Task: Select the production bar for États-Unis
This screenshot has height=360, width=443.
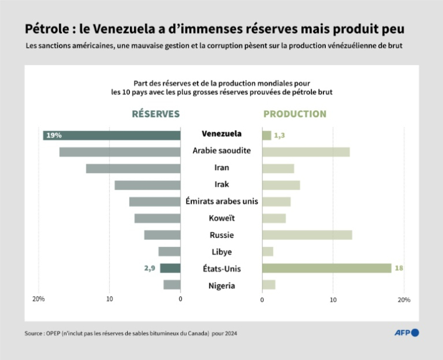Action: tap(326, 269)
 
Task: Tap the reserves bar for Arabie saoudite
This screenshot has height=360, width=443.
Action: tap(119, 152)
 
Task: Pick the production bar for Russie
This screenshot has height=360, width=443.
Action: tap(307, 235)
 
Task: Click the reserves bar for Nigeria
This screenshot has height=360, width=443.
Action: tap(172, 285)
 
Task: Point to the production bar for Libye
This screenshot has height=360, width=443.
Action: tap(268, 252)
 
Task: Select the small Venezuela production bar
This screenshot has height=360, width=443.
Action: tap(266, 135)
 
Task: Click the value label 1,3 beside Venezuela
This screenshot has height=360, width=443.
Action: tap(279, 135)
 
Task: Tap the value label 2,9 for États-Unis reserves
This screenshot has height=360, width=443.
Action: tap(150, 269)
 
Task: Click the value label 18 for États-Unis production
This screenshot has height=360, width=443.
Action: tap(399, 269)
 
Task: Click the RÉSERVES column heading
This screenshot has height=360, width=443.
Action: tap(156, 114)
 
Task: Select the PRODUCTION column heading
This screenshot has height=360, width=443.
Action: tap(295, 114)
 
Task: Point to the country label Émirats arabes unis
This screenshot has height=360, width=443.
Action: tap(221, 201)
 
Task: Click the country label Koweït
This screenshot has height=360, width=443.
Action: tap(221, 218)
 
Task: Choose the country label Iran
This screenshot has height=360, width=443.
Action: tap(221, 167)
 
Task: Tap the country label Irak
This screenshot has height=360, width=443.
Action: tap(221, 184)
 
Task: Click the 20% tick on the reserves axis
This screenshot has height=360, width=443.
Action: tap(38, 299)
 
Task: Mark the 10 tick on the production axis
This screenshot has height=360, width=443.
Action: tap(333, 299)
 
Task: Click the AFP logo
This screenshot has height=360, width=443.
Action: tap(407, 333)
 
